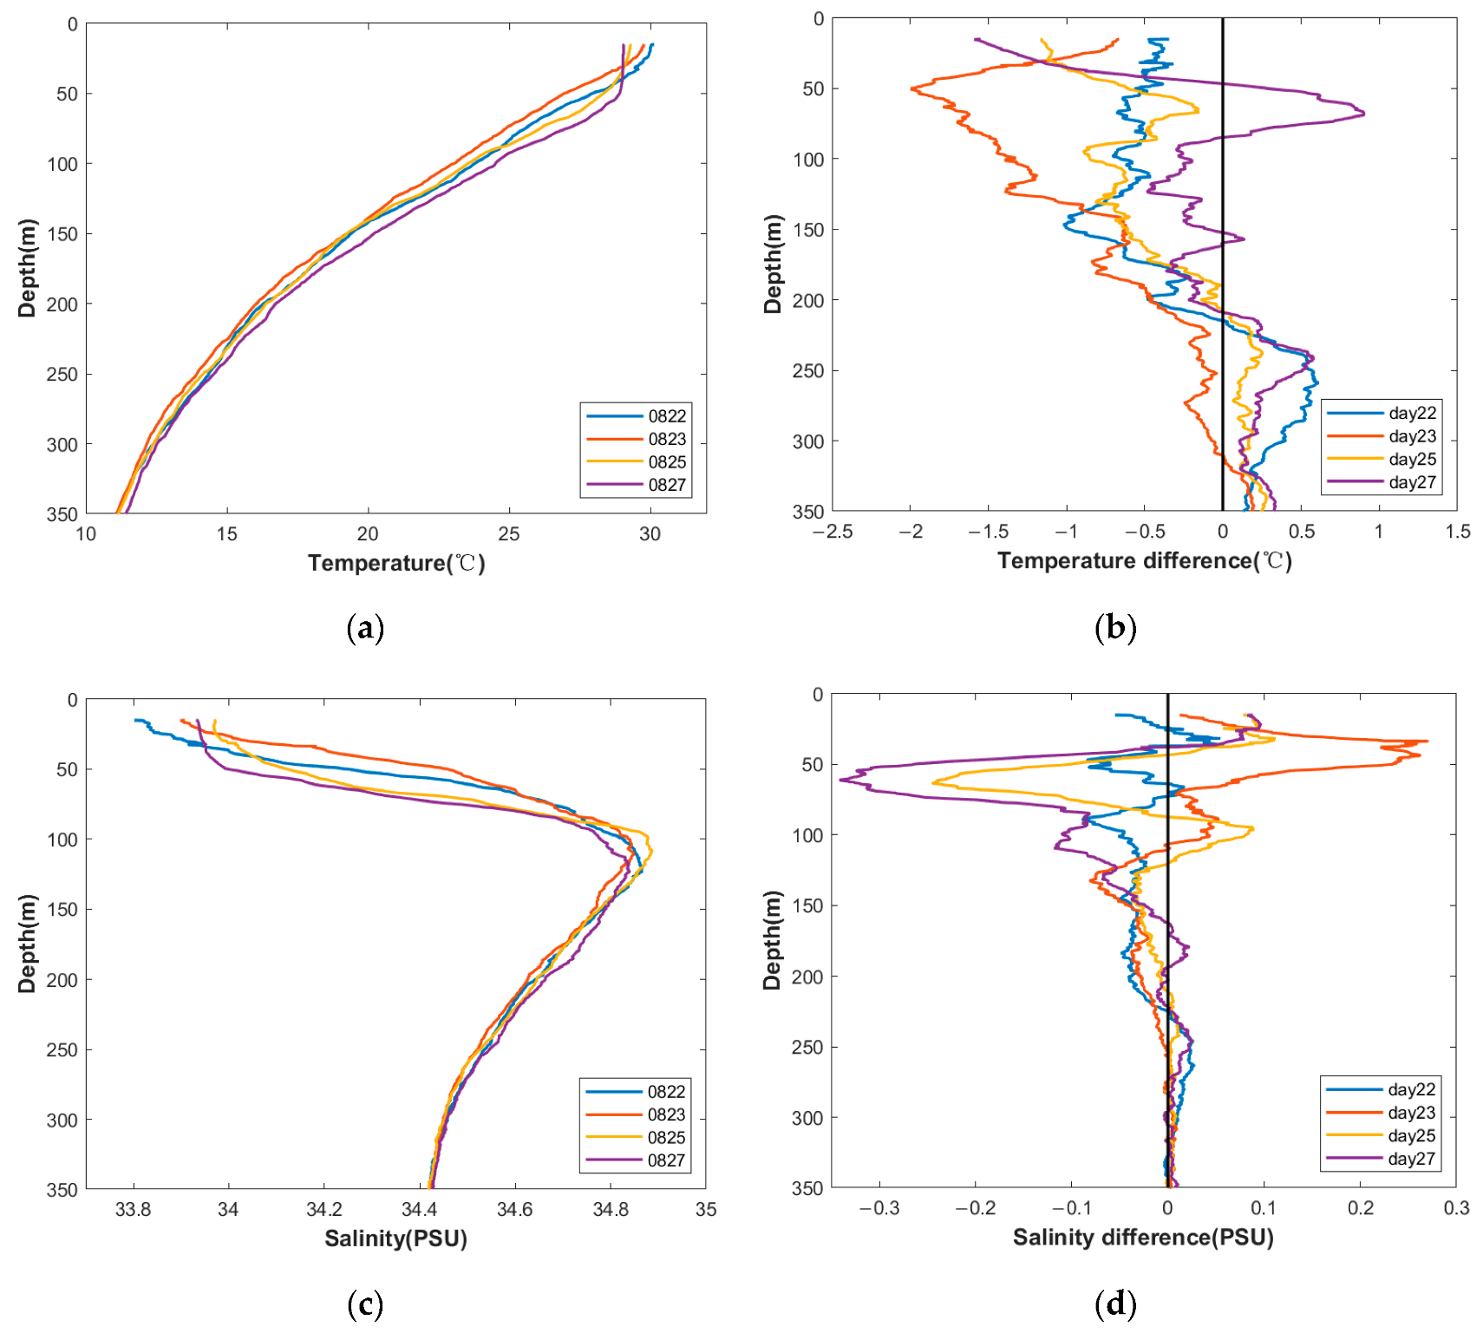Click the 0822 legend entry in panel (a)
click(666, 416)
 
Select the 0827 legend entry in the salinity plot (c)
click(665, 1160)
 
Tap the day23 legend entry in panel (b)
click(1412, 436)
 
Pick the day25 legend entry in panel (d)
click(1411, 1136)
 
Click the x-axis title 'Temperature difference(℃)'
click(1144, 561)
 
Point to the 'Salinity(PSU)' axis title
click(395, 1238)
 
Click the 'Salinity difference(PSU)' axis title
click(1143, 1238)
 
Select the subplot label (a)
click(364, 627)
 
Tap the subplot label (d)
click(1115, 1304)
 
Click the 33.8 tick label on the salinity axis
click(133, 1209)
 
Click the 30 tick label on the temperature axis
click(650, 534)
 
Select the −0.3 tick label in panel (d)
click(879, 1208)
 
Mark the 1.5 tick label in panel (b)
click(1458, 532)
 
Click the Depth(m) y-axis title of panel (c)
click(27, 944)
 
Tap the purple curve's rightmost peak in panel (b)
click(1364, 113)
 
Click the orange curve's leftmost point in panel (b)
click(911, 88)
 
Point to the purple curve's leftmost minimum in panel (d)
click(840, 781)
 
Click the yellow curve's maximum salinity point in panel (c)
click(651, 851)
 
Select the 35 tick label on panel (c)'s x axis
click(706, 1209)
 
